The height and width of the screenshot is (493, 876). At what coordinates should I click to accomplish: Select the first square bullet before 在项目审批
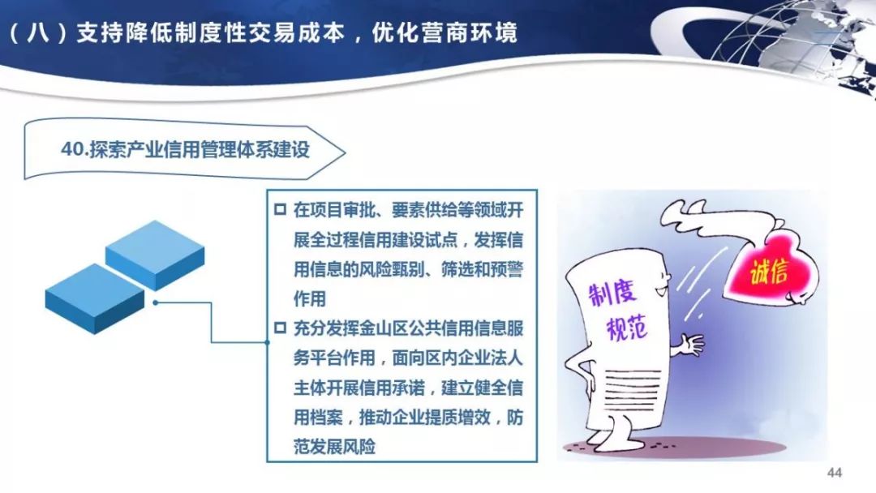[x=280, y=210]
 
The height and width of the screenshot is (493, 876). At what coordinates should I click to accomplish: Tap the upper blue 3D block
[x=155, y=252]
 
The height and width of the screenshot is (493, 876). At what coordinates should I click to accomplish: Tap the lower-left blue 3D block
[x=94, y=296]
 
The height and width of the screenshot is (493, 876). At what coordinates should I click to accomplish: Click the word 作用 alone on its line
[x=310, y=299]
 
